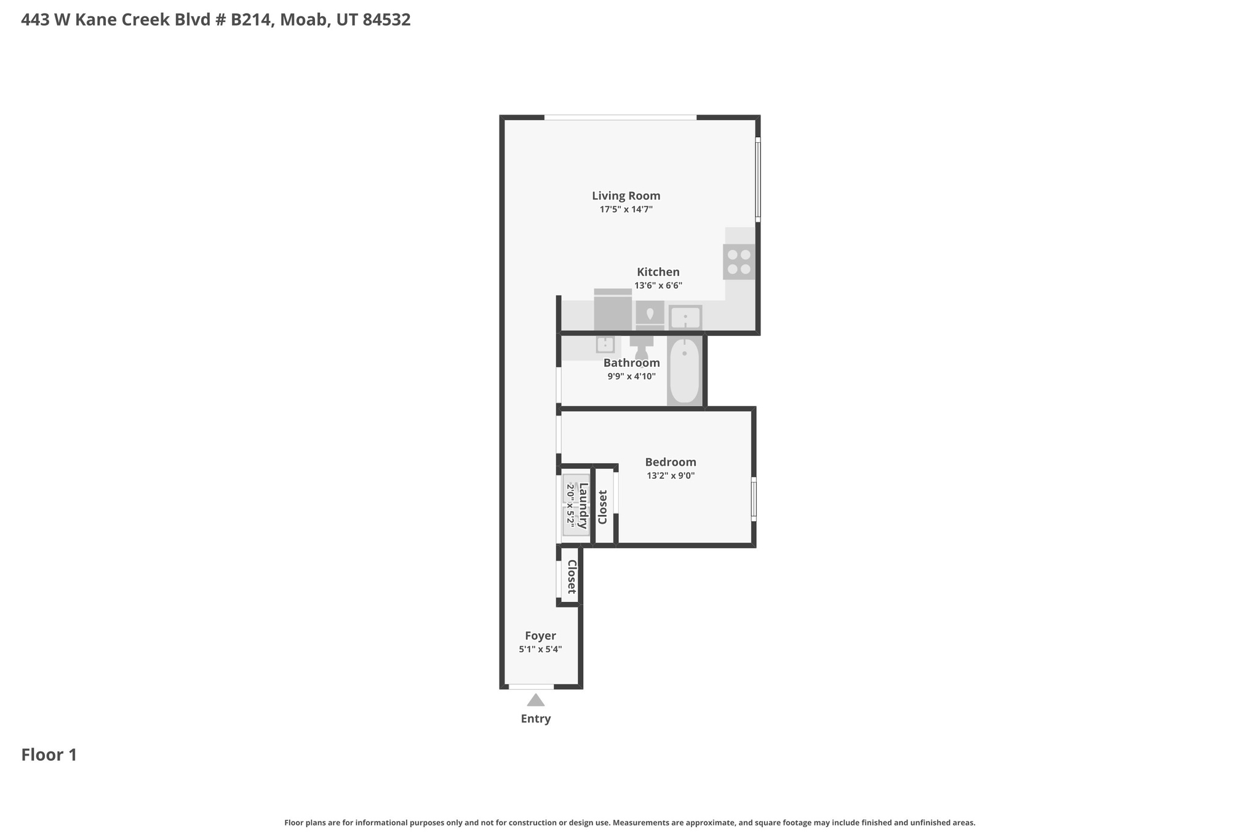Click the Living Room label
[x=626, y=196]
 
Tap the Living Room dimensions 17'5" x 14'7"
[x=626, y=209]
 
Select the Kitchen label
[x=658, y=272]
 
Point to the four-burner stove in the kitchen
[x=739, y=262]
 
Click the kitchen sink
[x=685, y=318]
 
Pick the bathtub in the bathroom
[x=684, y=370]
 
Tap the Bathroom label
[x=631, y=362]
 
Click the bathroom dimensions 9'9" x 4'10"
[x=631, y=376]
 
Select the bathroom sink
[x=605, y=345]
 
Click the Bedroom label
[x=670, y=462]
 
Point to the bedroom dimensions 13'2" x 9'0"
[x=670, y=476]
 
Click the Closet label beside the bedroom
[x=603, y=507]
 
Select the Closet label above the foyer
[x=572, y=577]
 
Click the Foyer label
[x=540, y=636]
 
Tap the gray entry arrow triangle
[x=535, y=700]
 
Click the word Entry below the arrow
[x=535, y=719]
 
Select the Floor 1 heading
[x=49, y=755]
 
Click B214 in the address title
[x=251, y=20]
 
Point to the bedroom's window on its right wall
[x=754, y=499]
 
